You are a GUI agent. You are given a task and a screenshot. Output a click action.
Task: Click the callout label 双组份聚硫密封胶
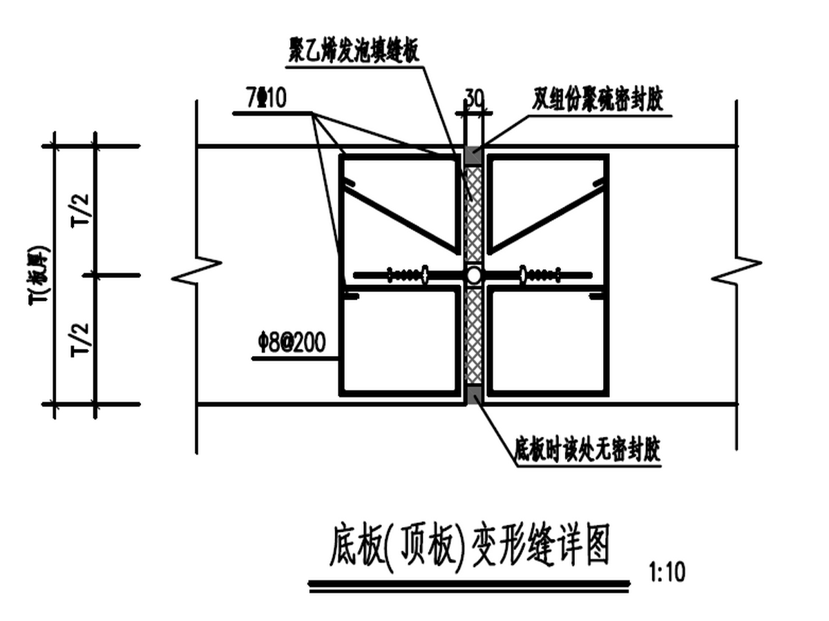point(598,102)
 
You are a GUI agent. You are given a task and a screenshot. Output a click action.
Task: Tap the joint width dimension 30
point(473,97)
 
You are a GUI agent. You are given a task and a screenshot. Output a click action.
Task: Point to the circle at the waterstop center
point(473,275)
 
